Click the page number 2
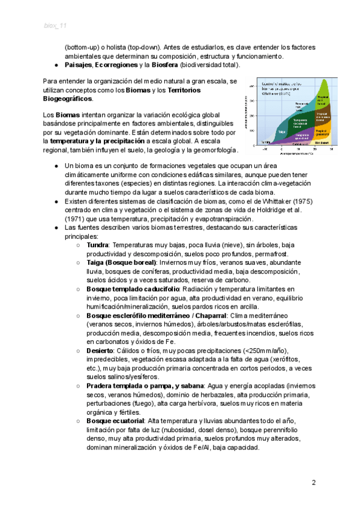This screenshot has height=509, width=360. tap(313, 483)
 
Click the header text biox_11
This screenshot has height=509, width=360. tap(55, 25)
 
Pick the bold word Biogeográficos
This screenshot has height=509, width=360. tap(68, 98)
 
